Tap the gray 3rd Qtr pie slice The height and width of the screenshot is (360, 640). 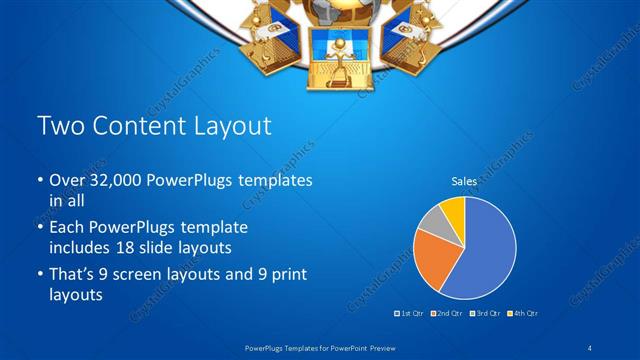click(x=431, y=222)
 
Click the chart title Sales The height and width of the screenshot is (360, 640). click(x=464, y=182)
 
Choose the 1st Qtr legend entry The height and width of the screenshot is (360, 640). click(x=410, y=314)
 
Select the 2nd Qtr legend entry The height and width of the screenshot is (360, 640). click(x=447, y=314)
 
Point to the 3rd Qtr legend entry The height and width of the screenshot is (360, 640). click(x=485, y=314)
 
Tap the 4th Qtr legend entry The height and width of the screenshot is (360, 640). click(x=523, y=314)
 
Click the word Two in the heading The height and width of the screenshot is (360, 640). click(x=58, y=127)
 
